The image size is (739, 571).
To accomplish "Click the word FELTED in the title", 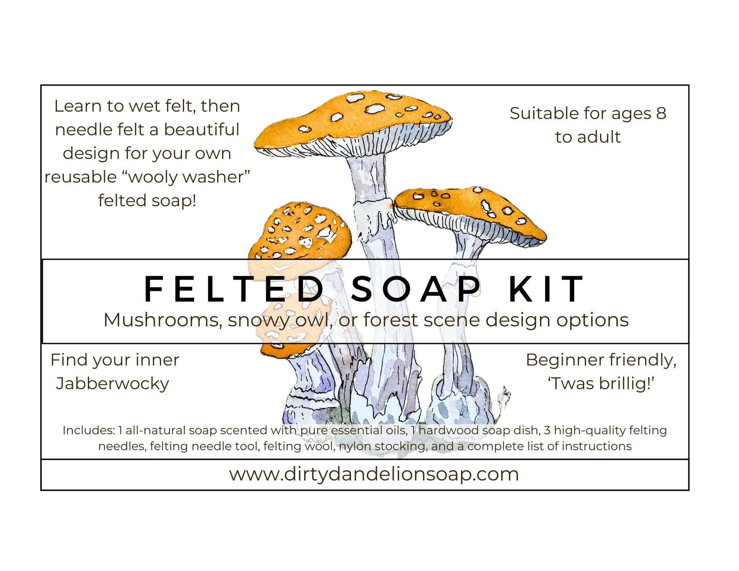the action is point(234,289).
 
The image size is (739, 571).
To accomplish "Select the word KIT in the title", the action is point(546,289).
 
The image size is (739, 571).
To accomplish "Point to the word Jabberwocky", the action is point(112,384).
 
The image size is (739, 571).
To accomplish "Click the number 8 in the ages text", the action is point(661,113).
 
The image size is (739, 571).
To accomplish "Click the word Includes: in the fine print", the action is point(88,430).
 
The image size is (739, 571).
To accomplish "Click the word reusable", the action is point(80,177).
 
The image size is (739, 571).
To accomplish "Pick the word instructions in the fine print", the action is point(597,446).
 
